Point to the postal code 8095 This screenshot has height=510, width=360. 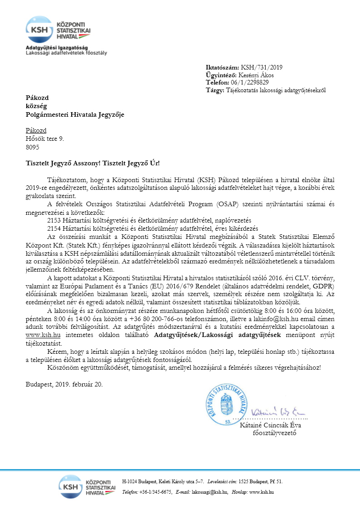click(32, 147)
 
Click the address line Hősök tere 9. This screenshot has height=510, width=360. click(45, 139)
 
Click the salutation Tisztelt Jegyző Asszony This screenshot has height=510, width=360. click(62, 163)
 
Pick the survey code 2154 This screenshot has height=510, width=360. click(55, 228)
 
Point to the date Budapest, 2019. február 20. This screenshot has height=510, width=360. click(64, 384)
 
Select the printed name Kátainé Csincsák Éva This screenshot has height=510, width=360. click(270, 426)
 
